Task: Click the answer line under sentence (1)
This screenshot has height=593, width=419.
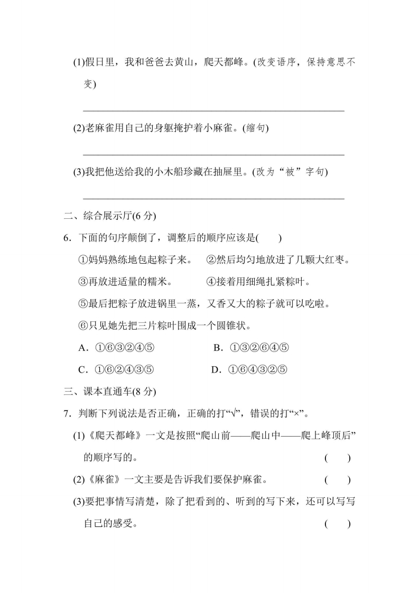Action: click(213, 109)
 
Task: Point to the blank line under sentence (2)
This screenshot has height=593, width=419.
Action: click(213, 154)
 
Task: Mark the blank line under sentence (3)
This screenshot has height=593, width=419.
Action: click(213, 198)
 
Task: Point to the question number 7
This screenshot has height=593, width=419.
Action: click(67, 414)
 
